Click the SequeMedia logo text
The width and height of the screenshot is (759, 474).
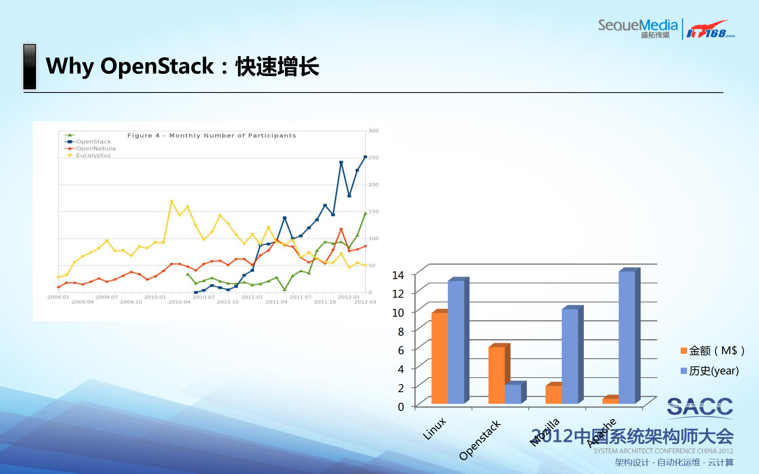tap(637, 26)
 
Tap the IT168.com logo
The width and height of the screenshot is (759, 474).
tap(710, 30)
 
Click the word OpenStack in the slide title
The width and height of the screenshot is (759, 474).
tap(157, 66)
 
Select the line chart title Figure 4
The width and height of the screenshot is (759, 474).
tap(211, 135)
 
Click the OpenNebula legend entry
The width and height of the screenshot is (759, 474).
tap(95, 148)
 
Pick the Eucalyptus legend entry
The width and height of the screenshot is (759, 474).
tap(93, 155)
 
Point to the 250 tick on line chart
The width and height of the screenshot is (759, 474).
tap(373, 157)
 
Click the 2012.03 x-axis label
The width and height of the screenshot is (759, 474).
tap(365, 302)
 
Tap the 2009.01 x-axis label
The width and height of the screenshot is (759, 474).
tap(58, 297)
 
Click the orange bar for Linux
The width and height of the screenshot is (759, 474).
tap(439, 358)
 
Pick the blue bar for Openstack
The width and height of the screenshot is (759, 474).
tap(513, 394)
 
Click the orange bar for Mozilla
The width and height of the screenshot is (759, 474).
tap(553, 394)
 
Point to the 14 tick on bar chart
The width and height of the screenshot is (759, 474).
tap(397, 275)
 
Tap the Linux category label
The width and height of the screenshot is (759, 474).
tap(434, 429)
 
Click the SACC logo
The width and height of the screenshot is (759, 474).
tap(700, 407)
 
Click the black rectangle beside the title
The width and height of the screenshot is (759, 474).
tap(30, 66)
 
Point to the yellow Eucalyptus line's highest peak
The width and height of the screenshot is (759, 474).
tap(171, 201)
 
